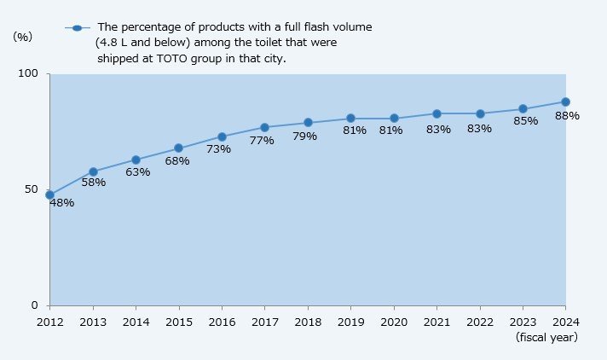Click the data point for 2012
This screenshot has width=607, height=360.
click(49, 195)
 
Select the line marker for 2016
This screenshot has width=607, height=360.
click(222, 136)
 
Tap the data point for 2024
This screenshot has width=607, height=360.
click(565, 102)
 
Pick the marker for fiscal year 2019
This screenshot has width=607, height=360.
click(350, 118)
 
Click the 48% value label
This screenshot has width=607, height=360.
click(61, 203)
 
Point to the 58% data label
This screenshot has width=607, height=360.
click(93, 183)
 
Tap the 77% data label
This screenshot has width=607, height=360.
click(262, 140)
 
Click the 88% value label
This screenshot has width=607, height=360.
click(567, 115)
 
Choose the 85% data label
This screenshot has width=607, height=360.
click(526, 121)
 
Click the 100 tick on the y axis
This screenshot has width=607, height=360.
click(28, 74)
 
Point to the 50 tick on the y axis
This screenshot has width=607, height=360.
click(32, 189)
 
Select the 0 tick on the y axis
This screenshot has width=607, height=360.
click(35, 305)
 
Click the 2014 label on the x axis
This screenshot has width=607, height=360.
click(136, 322)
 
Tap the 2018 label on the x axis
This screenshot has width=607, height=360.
click(308, 322)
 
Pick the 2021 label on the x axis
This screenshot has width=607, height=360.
click(436, 322)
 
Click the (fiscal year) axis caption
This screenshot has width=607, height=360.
click(546, 338)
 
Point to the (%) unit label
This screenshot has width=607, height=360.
click(23, 37)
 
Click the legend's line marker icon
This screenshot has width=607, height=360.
click(78, 27)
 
